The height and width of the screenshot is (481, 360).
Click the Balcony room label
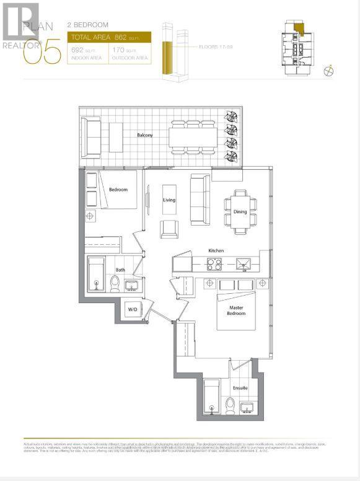tap(146, 135)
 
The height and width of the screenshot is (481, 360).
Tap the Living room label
tap(169, 200)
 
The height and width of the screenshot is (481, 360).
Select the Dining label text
tap(240, 212)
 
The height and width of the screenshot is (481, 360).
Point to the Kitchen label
tap(216, 250)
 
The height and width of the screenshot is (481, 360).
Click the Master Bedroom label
tap(236, 310)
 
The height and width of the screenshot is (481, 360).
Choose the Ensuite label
tap(240, 388)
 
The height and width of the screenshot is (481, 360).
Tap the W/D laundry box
tap(133, 309)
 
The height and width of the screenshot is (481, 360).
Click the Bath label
tap(121, 270)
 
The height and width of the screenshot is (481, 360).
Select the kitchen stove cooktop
tap(214, 265)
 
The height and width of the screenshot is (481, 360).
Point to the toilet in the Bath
tap(114, 284)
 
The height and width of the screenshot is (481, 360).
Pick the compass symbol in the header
tap(329, 71)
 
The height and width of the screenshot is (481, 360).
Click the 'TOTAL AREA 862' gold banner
tap(108, 38)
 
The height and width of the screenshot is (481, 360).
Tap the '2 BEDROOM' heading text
tap(87, 25)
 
